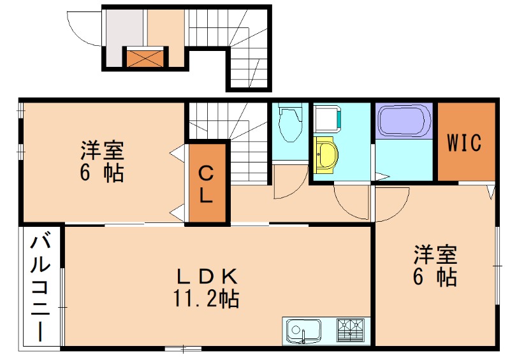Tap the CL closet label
[205, 184]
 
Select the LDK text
[207, 276]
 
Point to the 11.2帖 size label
[205, 298]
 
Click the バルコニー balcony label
[40, 287]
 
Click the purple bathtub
[404, 121]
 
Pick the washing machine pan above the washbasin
[328, 119]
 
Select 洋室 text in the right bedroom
[435, 255]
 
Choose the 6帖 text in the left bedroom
[102, 173]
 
